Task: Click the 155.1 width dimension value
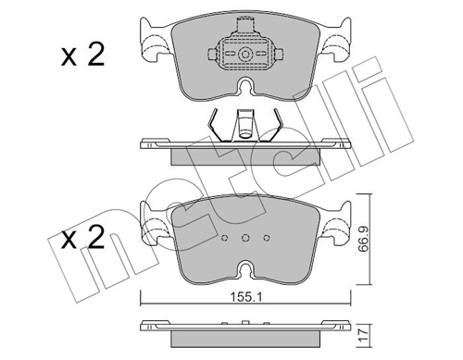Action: [245, 297]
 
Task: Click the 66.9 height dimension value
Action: [364, 240]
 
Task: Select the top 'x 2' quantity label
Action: [82, 55]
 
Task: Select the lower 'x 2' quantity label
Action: [82, 237]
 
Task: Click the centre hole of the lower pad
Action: [245, 238]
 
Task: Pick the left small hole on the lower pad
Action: [225, 238]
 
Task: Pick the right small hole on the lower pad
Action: [267, 238]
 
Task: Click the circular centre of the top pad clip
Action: [245, 55]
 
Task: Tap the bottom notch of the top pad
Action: [245, 85]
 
